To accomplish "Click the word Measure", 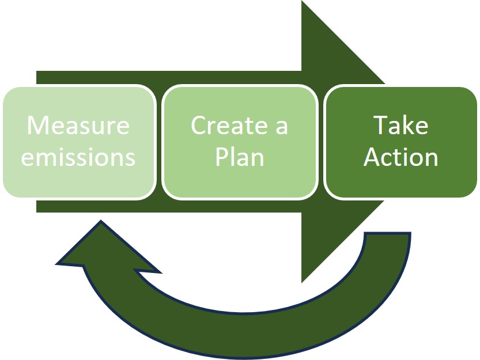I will [78, 125].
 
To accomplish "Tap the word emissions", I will [78, 157].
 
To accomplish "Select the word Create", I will [224, 125].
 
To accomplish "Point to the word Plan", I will [240, 157].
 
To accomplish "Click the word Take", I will [401, 125].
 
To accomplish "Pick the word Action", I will [401, 157].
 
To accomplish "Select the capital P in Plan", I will [222, 157].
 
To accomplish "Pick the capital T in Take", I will [381, 125].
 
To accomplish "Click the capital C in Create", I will [198, 125].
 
